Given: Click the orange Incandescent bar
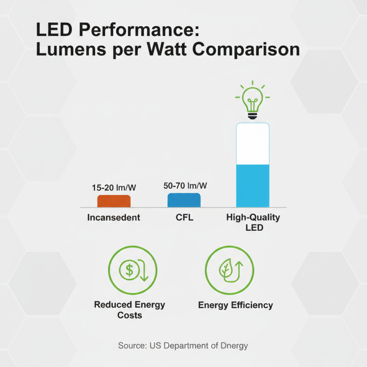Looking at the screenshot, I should click(114, 201).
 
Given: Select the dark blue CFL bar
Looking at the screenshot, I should click(183, 200).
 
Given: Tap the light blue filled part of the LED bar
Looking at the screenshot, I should click(252, 186).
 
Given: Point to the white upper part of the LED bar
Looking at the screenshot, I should click(252, 144).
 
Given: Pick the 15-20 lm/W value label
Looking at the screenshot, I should click(113, 188).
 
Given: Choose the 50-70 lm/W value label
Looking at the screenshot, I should click(185, 186).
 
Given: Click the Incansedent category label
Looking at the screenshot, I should click(114, 217).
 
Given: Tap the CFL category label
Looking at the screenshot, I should click(184, 217).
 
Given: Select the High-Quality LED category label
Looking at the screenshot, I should click(253, 222).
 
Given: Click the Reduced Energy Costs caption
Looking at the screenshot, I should click(129, 310).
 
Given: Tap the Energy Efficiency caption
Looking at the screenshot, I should click(235, 305).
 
